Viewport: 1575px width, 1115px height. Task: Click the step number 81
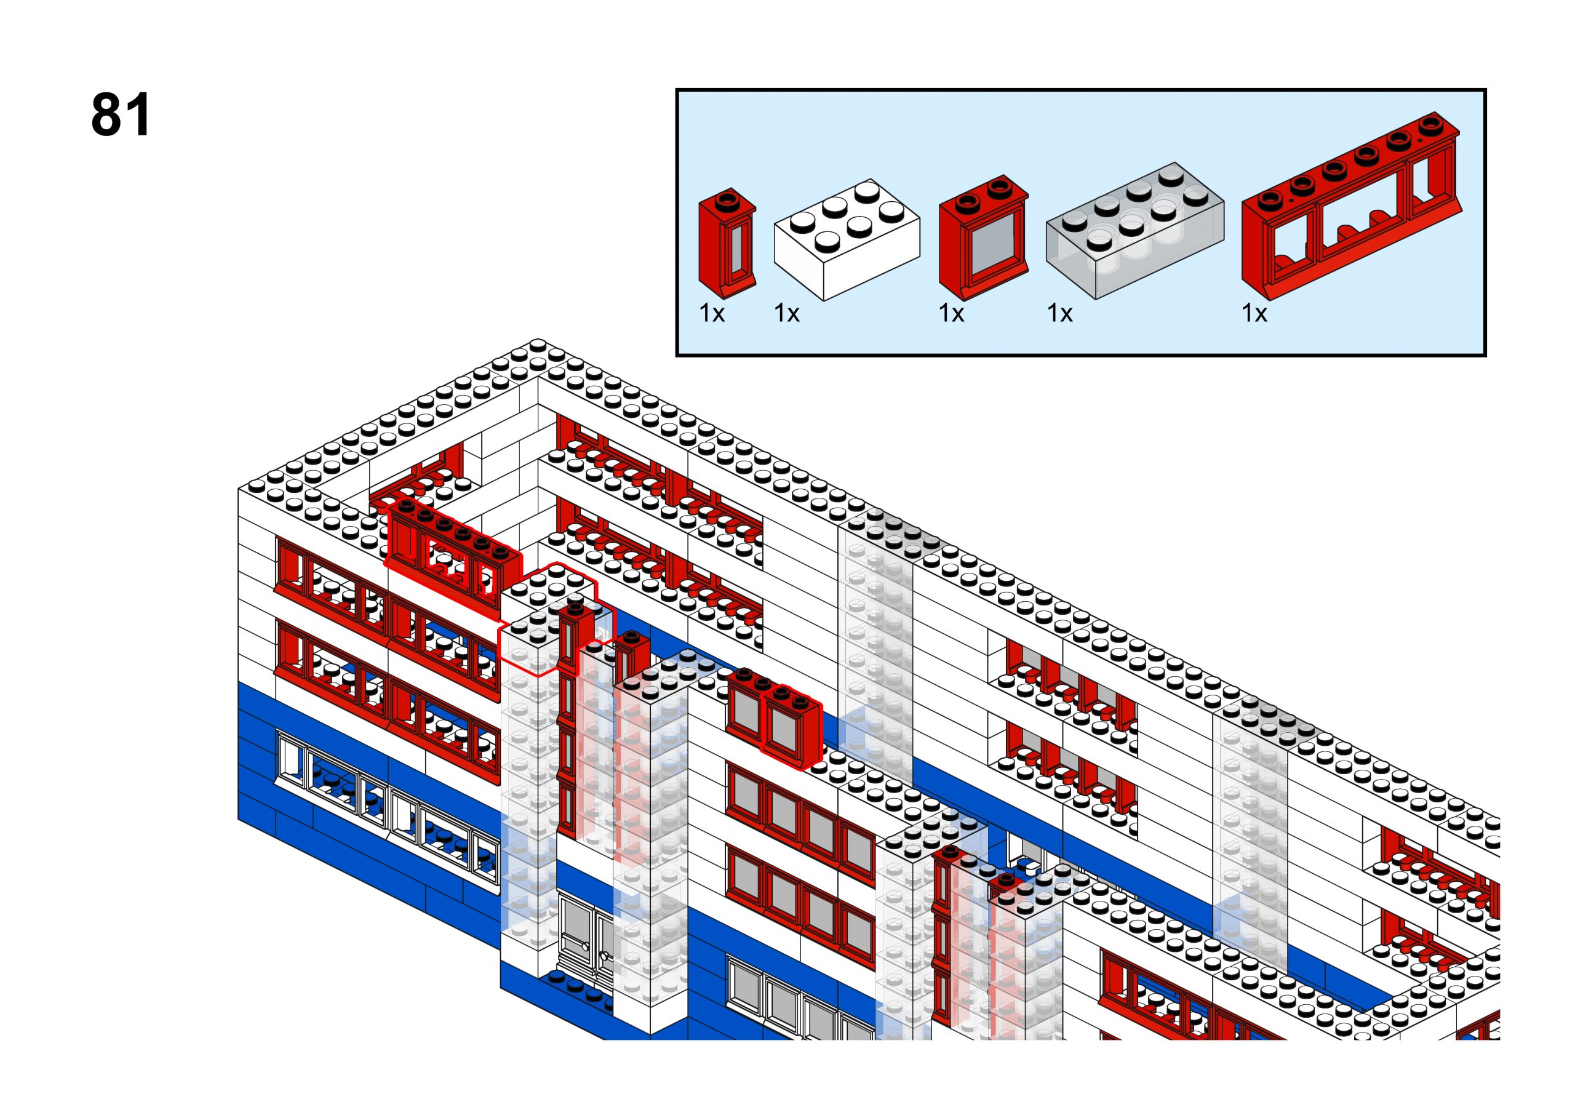coord(121,114)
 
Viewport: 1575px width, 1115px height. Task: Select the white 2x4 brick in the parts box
coord(846,241)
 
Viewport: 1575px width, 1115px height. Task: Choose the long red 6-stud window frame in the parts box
coord(1350,209)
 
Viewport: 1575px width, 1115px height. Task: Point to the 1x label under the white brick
coord(786,314)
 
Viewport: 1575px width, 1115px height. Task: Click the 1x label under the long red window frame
coord(1254,314)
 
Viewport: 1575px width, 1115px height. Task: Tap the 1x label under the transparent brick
coord(1059,314)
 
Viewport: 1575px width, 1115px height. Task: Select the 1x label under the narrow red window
coord(712,314)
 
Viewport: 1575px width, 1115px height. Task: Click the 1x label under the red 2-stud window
coord(951,314)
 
